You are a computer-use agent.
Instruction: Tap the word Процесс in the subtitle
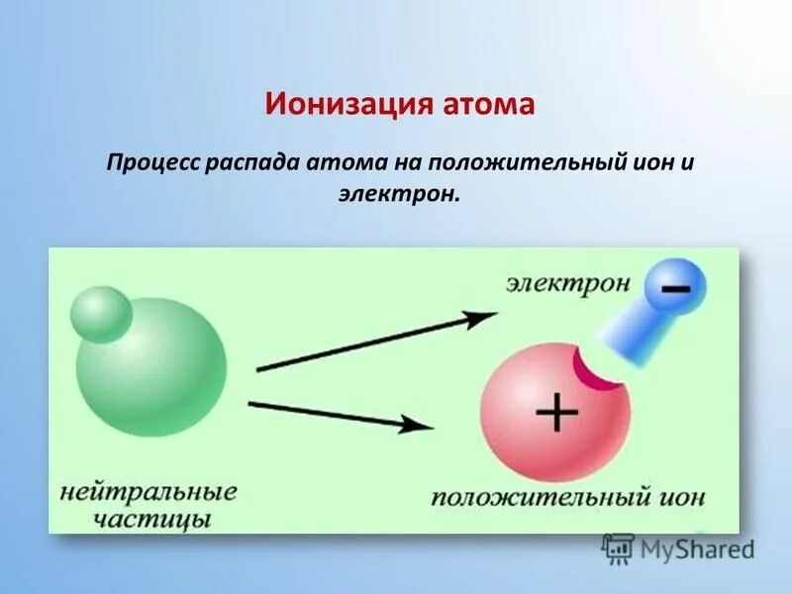pos(153,160)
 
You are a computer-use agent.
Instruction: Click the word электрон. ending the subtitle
pos(399,194)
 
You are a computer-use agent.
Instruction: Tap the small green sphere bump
pos(101,314)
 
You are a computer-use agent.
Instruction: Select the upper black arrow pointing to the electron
pos(376,342)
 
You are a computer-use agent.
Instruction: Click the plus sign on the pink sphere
pos(557,411)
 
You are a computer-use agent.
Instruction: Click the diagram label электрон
pos(568,283)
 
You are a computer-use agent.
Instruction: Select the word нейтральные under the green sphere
pos(148,492)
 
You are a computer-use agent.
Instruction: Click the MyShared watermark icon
pos(618,547)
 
